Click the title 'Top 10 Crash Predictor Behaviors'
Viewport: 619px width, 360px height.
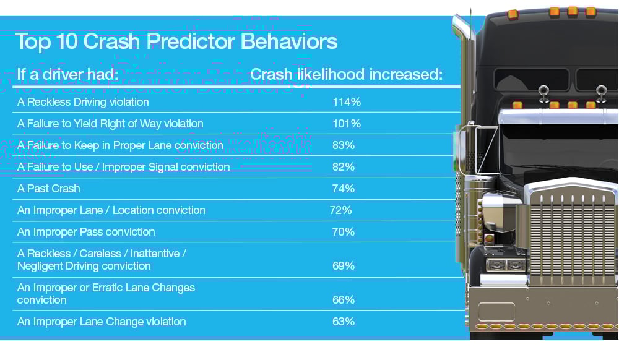tap(176, 41)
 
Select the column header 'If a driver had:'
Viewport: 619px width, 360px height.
tap(67, 75)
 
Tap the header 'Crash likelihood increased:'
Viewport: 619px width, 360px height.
tap(346, 75)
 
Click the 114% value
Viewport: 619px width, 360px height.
tap(346, 102)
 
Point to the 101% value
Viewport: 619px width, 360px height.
tap(346, 124)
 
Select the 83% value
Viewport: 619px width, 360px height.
tap(344, 145)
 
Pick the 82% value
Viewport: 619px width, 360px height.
tap(344, 167)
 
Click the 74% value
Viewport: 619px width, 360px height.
tap(344, 189)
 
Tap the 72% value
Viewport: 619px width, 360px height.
tap(341, 210)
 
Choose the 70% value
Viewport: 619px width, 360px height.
tap(344, 232)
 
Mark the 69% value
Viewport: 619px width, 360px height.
tap(344, 266)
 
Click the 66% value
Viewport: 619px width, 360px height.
tap(344, 300)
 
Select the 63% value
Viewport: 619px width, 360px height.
tap(344, 322)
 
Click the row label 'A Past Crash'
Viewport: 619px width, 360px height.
tap(49, 189)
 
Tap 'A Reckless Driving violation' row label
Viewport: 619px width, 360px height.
tap(83, 102)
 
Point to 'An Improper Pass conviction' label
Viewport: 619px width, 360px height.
tap(86, 232)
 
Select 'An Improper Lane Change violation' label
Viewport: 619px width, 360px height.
tap(102, 322)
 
